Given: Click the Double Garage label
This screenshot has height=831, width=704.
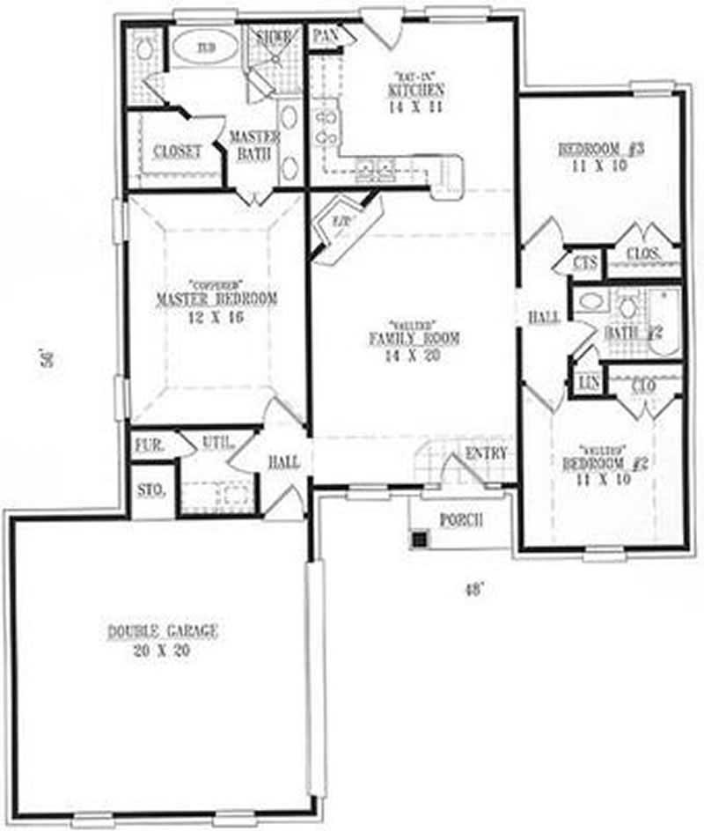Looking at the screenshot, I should [163, 631].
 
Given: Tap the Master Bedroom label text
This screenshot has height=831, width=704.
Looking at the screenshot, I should [216, 299].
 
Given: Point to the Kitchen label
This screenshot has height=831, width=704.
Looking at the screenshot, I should [414, 91].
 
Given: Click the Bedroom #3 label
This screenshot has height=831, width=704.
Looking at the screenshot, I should [603, 149].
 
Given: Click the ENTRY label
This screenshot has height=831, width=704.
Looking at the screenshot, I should [485, 452].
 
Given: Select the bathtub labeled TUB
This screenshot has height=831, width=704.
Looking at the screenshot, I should [206, 47].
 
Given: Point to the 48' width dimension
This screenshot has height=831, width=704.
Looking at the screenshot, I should [474, 592].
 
